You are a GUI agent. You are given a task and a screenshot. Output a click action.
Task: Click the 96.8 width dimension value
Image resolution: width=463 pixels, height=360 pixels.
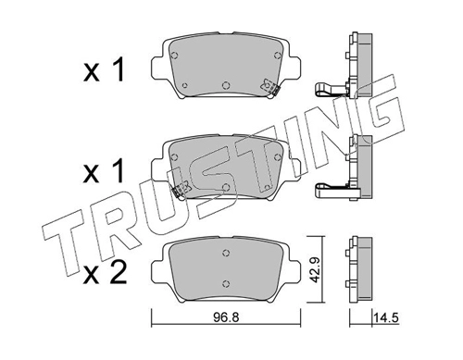[x=226, y=317]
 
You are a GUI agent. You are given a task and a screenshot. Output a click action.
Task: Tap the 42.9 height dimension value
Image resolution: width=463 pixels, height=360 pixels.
[x=315, y=268]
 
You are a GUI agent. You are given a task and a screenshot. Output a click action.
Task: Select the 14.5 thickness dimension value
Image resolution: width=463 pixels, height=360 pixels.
[x=386, y=317]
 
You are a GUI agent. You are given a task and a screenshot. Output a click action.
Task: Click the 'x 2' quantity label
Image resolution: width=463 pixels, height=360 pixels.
[x=105, y=272]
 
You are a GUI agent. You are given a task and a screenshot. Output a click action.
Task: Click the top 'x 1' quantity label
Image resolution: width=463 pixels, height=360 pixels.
[x=104, y=70]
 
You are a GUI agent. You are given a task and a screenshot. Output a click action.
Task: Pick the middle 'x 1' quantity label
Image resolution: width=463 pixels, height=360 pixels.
[x=104, y=171]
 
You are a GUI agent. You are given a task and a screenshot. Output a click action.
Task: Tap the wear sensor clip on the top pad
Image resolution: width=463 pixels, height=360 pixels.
[x=270, y=87]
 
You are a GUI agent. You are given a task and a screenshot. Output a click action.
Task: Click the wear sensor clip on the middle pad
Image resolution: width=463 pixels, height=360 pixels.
[x=181, y=190]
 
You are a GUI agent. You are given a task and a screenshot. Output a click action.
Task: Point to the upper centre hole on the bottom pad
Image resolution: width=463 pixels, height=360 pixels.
[x=226, y=253]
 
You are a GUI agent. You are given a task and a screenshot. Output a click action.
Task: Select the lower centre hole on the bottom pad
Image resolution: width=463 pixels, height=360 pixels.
[x=226, y=283]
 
